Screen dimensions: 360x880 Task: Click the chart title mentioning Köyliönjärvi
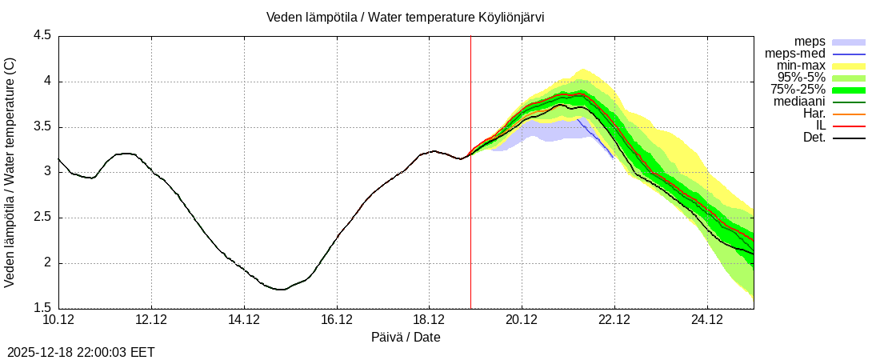coord(406,17)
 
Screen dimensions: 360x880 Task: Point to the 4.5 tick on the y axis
coord(42,36)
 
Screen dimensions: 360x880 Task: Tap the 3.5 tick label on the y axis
coord(42,126)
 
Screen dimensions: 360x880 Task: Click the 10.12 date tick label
coord(58,320)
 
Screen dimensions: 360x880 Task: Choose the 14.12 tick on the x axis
coord(244,320)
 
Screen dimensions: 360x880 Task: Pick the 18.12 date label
coord(430,320)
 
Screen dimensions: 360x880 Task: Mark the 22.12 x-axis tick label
coord(614,320)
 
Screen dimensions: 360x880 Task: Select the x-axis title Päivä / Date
coord(406,338)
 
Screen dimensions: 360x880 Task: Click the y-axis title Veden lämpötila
coord(10,172)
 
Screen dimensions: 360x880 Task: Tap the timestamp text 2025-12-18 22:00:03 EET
coord(81,352)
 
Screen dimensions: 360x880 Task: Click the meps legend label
coord(810,41)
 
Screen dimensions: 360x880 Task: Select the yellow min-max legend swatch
coord(849,66)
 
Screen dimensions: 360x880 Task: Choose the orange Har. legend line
coord(849,114)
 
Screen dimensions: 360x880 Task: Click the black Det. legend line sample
coord(849,138)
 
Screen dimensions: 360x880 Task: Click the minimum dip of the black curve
coord(279,290)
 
